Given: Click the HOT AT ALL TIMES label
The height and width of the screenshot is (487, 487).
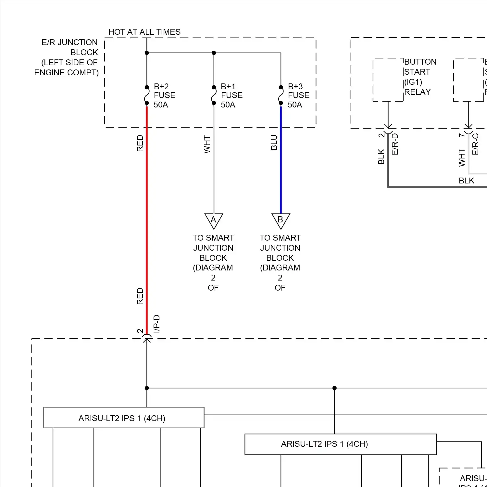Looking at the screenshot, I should tap(144, 32).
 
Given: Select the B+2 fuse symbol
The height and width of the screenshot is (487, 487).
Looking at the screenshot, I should tap(147, 95).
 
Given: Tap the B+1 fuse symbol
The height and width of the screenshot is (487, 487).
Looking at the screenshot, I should tap(214, 95).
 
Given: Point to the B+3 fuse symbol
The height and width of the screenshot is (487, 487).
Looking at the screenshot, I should tap(281, 95).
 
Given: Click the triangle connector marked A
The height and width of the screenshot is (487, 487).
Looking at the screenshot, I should tap(214, 220).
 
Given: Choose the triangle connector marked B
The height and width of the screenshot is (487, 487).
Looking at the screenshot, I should tap(281, 220).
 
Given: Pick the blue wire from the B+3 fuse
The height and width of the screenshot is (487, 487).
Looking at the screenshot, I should tap(281, 162).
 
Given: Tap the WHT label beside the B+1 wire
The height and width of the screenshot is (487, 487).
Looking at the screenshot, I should tap(207, 144).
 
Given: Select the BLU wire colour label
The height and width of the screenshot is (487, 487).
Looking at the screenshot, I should tap(274, 142).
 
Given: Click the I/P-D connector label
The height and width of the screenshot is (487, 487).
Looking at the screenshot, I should tap(156, 323).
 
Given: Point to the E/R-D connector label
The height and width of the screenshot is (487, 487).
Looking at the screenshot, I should tap(395, 144).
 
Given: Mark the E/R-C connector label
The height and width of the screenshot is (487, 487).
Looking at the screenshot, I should tap(475, 144).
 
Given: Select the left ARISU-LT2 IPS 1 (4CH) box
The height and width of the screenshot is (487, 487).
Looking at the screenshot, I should tap(124, 418).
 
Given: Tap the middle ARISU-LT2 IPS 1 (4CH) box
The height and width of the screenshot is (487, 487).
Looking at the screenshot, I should tap(340, 444).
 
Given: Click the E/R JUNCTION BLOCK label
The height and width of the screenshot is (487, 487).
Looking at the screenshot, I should tap(68, 57).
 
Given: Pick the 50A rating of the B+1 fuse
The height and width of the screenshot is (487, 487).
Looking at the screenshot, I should tap(228, 105).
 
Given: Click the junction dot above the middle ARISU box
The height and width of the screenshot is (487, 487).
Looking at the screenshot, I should tap(334, 388).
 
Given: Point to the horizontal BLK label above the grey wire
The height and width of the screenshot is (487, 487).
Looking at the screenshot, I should tap(466, 181).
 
